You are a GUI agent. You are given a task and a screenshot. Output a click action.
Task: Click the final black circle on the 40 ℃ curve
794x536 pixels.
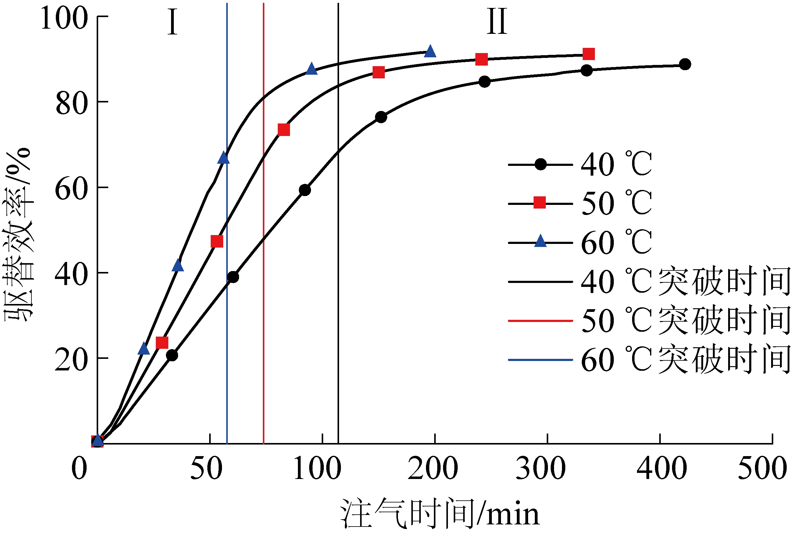(685, 64)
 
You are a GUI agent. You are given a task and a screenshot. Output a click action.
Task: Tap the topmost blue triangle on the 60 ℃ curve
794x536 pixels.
(430, 52)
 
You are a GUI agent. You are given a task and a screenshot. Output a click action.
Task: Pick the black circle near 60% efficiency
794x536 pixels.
(305, 190)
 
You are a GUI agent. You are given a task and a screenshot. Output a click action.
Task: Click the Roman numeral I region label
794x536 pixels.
(173, 23)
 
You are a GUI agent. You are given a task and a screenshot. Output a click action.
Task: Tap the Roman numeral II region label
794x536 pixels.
(497, 22)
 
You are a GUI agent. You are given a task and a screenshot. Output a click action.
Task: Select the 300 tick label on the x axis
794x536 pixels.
(541, 469)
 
